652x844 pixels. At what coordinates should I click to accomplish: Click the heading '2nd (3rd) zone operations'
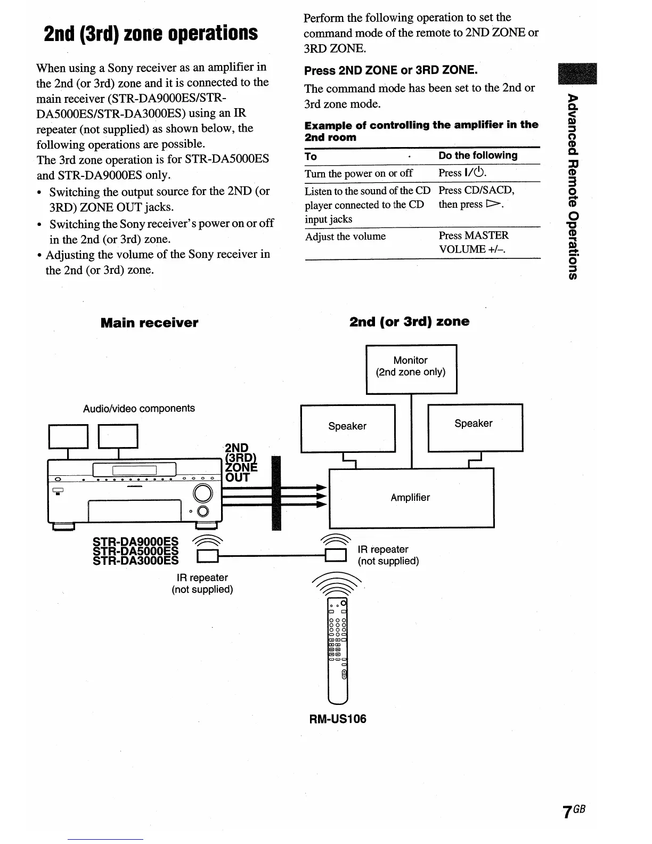151,33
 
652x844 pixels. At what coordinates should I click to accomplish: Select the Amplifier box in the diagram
411,497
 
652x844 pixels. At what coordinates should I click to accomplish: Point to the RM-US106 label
338,719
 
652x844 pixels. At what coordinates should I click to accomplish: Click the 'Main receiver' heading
149,323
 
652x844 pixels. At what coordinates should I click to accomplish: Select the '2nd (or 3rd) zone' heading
409,322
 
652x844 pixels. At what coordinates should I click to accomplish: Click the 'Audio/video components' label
139,409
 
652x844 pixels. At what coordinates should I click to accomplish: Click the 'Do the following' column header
478,156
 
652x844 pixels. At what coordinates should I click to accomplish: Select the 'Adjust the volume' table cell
345,237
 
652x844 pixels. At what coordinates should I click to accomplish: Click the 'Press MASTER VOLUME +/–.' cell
473,242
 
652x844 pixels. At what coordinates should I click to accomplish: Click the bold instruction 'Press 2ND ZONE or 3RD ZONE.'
390,70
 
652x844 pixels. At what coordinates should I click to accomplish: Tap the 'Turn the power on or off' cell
358,173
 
